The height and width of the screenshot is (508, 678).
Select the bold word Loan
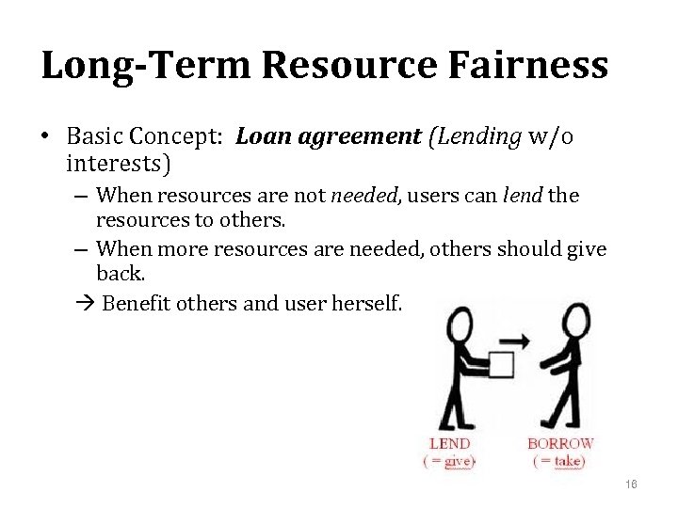263,137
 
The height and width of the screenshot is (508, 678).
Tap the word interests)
119,165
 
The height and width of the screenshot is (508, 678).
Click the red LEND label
449,443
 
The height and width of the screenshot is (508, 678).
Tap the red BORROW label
560,443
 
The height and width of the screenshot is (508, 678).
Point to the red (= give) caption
449,461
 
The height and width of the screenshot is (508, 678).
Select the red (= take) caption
559,461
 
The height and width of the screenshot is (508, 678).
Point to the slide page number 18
631,484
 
